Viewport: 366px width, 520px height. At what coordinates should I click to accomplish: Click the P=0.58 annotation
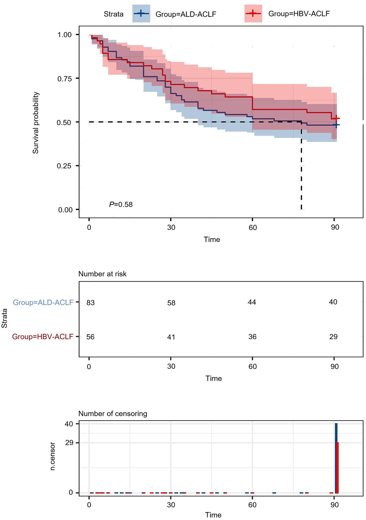121,204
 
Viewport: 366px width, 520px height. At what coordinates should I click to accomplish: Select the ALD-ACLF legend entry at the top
186,14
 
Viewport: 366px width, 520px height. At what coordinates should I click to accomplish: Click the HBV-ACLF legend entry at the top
299,13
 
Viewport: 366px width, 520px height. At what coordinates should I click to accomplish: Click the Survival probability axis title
36,123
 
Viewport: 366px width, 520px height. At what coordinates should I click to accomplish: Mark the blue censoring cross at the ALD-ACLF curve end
336,125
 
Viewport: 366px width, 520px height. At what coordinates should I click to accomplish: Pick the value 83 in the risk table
91,303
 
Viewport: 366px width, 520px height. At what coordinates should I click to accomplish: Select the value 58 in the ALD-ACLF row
171,303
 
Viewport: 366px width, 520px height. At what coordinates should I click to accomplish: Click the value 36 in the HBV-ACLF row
252,337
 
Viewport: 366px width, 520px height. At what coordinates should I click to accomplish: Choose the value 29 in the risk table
333,337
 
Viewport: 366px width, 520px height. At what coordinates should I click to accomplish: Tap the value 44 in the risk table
252,302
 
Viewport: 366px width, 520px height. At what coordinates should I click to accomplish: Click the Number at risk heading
102,274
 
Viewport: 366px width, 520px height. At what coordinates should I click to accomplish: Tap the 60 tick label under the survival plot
252,227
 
